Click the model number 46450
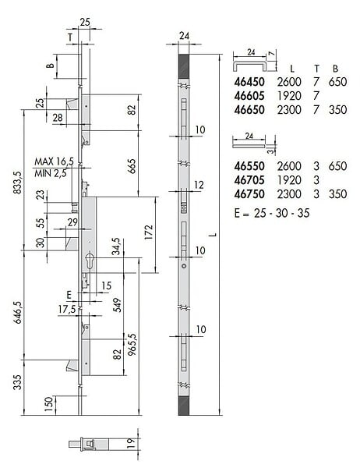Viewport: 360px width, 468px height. pos(249,82)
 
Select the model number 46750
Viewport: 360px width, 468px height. pos(249,194)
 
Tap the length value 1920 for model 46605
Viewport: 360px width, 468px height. pos(289,96)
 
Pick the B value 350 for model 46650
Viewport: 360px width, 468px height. pos(337,110)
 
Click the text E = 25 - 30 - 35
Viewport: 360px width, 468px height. pos(272,213)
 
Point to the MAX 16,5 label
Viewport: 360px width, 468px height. pos(54,161)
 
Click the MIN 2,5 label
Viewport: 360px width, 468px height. pos(51,173)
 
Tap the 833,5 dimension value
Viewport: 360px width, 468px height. pos(17,183)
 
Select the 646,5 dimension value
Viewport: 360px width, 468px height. pos(17,313)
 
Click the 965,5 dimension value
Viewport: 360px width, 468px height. pos(132,344)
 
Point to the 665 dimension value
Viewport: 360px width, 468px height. pos(132,166)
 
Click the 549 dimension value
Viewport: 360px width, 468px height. pos(118,305)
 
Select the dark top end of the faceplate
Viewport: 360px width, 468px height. pos(184,66)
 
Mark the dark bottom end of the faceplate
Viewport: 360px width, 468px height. pos(184,406)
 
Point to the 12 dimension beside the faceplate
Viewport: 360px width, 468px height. pos(199,185)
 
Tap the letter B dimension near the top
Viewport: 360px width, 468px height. pos(51,66)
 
